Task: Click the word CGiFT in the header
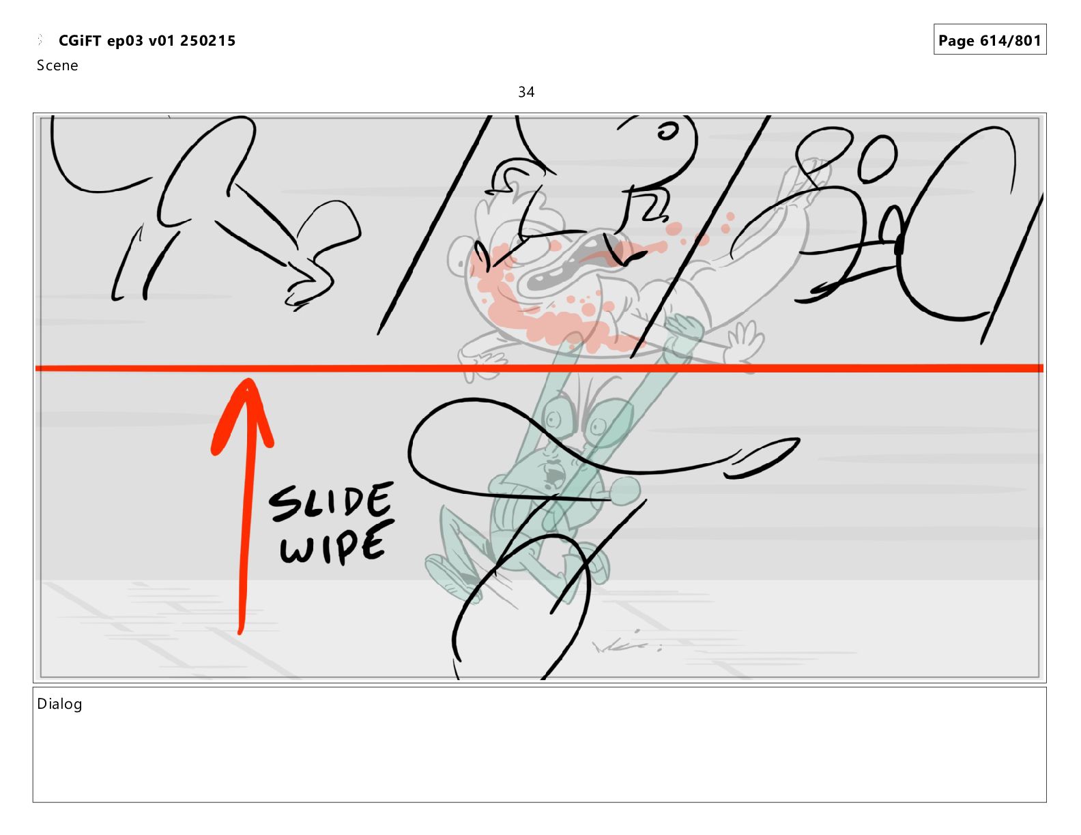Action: pos(80,40)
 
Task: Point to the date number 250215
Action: pos(207,41)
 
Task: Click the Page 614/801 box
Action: pos(990,40)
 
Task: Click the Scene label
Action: pos(57,65)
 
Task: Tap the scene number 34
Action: pos(526,92)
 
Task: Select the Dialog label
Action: pos(59,704)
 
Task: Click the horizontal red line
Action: pos(539,368)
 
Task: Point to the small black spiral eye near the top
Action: pos(667,132)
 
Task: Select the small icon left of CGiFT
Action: pos(41,40)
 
